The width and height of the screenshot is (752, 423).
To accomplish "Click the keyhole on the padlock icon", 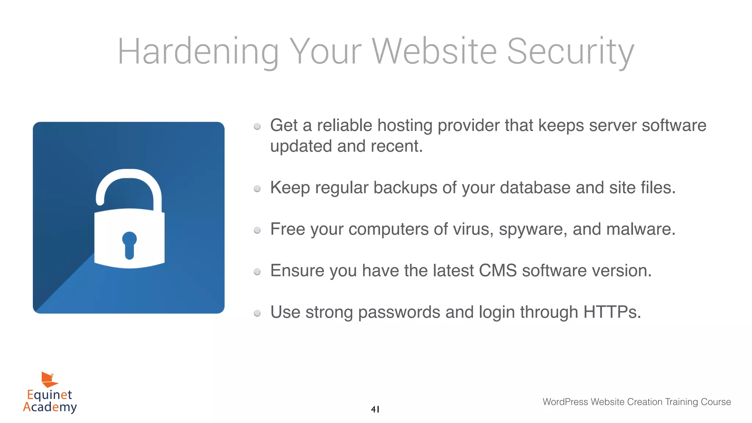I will coord(129,245).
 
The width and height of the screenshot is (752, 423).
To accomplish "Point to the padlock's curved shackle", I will coord(129,184).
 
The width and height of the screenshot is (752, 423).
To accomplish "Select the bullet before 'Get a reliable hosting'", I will coord(257,127).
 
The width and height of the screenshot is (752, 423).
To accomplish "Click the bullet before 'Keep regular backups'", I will coord(257,189).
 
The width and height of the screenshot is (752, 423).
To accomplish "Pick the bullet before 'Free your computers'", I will coord(257,230).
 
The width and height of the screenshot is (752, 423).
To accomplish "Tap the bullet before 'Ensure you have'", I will coord(257,272).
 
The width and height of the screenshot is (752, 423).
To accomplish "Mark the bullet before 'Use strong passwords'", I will coord(257,313).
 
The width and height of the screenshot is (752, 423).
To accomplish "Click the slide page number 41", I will coord(375,409).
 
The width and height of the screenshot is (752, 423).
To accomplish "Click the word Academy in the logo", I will coord(50,407).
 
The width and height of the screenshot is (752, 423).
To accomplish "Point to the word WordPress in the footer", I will coord(565,402).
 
